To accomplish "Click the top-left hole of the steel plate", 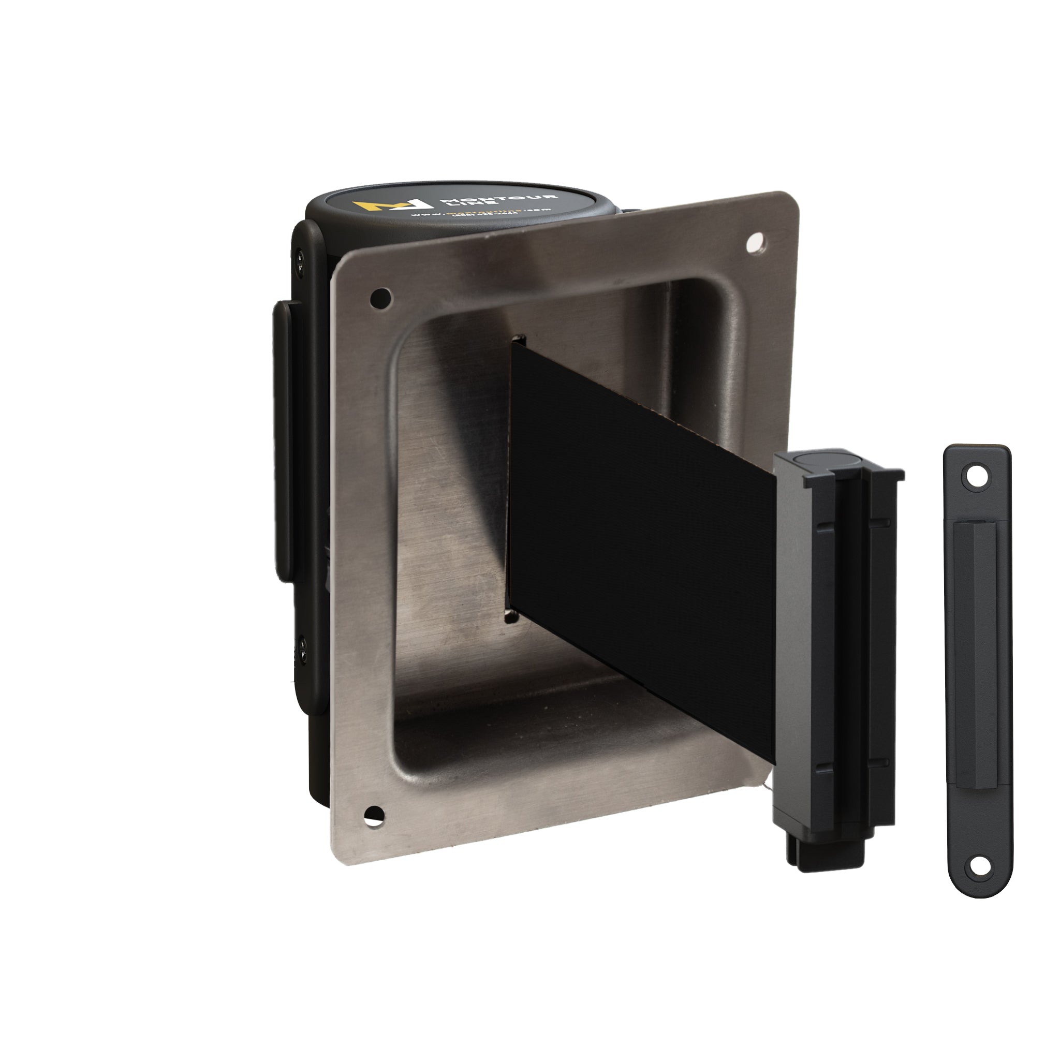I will tap(381, 298).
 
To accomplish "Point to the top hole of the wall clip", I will tap(976, 477).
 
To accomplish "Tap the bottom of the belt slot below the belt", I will tap(510, 617).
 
